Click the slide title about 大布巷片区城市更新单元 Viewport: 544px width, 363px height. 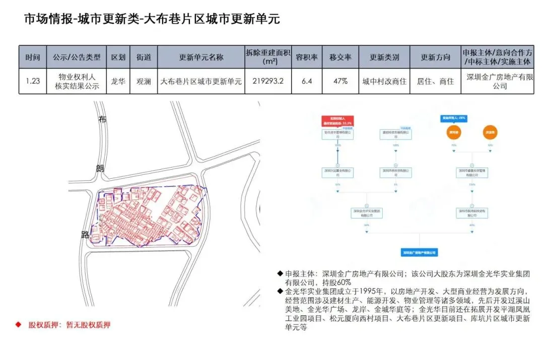pyautogui.click(x=152, y=19)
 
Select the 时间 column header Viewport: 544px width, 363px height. pyautogui.click(x=33, y=57)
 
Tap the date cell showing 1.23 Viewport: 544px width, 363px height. pyautogui.click(x=33, y=81)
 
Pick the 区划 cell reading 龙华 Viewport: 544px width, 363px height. pyautogui.click(x=118, y=81)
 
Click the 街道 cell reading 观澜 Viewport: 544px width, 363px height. pyautogui.click(x=144, y=81)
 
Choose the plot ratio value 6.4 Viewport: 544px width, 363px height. pyautogui.click(x=306, y=81)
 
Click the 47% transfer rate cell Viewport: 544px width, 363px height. pyautogui.click(x=340, y=81)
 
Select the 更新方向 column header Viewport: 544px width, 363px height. pyautogui.click(x=435, y=57)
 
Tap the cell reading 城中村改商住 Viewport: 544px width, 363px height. pyautogui.click(x=384, y=81)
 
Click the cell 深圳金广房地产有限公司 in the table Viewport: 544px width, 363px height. pyautogui.click(x=500, y=82)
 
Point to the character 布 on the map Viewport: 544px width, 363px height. pyautogui.click(x=103, y=120)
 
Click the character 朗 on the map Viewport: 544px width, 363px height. pyautogui.click(x=100, y=168)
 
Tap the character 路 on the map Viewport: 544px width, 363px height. pyautogui.click(x=86, y=234)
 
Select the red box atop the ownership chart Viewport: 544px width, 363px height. pyautogui.click(x=338, y=120)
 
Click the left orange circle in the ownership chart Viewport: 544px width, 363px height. pyautogui.click(x=454, y=132)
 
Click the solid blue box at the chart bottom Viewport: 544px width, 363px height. pyautogui.click(x=419, y=252)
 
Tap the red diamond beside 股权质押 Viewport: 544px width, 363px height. pyautogui.click(x=18, y=325)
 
